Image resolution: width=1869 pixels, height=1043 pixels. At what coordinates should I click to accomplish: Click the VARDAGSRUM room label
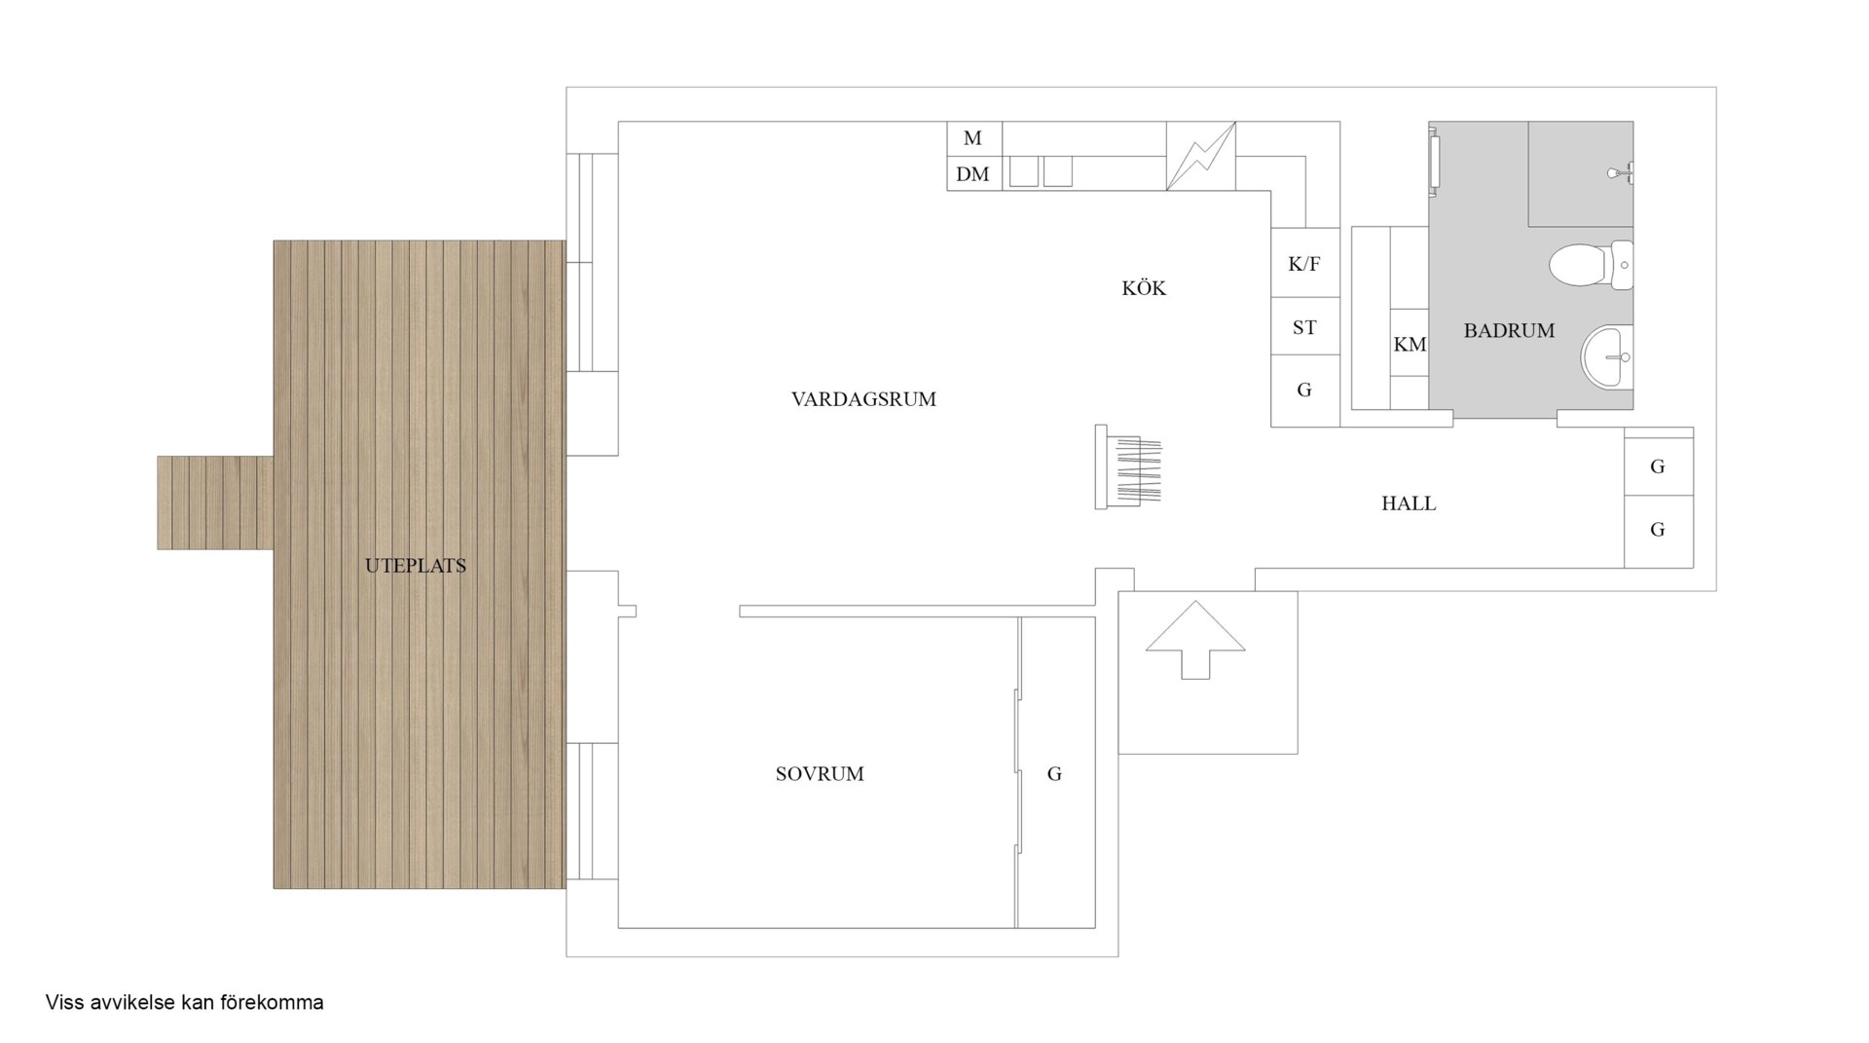(863, 399)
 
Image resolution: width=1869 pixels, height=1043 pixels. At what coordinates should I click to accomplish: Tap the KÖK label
(1144, 288)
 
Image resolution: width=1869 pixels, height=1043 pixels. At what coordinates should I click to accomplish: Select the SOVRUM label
(820, 774)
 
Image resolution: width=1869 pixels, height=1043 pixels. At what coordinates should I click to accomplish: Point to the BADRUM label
(1509, 331)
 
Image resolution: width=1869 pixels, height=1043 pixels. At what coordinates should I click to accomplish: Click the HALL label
(1409, 503)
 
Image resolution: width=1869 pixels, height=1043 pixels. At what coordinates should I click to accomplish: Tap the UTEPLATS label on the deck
(416, 566)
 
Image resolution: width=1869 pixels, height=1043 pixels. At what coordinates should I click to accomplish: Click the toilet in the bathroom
(1590, 265)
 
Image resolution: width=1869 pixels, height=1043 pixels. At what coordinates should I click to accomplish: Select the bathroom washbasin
(1606, 357)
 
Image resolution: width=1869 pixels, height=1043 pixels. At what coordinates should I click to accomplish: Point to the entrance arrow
(1195, 639)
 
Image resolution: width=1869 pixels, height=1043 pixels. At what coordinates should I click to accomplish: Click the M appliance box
(974, 138)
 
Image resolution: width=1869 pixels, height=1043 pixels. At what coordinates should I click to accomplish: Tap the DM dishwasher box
(974, 173)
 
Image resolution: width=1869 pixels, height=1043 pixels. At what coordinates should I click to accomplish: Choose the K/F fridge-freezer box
(1305, 263)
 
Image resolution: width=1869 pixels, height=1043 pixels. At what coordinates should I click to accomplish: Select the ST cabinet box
(1305, 327)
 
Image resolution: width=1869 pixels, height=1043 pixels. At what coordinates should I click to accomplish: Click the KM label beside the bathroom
(1410, 345)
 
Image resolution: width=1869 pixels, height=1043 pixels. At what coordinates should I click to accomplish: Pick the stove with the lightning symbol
(1201, 156)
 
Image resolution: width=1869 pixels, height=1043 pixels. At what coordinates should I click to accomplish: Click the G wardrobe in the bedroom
(1056, 773)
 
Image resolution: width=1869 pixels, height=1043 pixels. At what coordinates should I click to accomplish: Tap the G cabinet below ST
(1305, 391)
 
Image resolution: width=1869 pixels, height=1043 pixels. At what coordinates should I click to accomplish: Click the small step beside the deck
(215, 503)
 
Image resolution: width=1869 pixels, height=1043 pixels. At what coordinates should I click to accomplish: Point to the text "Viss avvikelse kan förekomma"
(184, 1002)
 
